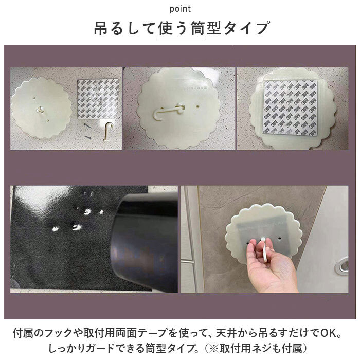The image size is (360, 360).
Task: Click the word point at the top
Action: click(x=180, y=9)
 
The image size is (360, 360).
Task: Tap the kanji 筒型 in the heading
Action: click(x=206, y=28)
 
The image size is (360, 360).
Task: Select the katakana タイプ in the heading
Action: click(x=246, y=28)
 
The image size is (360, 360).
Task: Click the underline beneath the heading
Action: click(x=180, y=40)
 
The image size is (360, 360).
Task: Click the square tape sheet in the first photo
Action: click(x=98, y=99)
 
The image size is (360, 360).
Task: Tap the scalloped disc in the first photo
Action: click(x=41, y=107)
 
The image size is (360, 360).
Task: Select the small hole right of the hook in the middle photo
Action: click(x=197, y=107)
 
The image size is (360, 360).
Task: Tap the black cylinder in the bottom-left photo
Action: click(x=144, y=243)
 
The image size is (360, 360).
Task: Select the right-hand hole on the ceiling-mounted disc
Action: click(x=279, y=239)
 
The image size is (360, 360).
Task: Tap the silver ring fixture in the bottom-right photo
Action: click(x=342, y=265)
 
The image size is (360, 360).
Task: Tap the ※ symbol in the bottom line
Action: click(x=214, y=349)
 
